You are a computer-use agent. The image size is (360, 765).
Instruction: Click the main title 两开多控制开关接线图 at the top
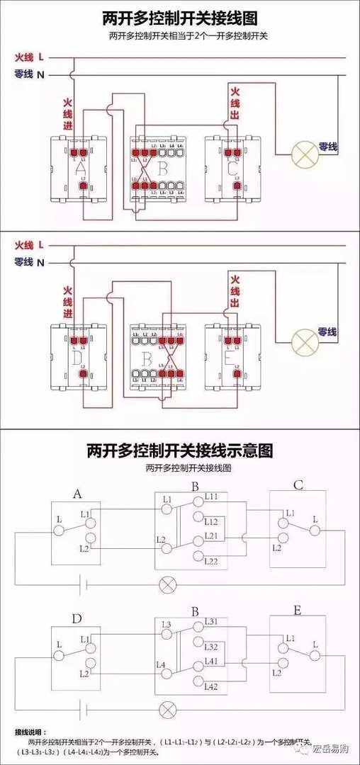[x=181, y=17]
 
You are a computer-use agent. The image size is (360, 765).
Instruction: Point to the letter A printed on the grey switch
[x=79, y=169]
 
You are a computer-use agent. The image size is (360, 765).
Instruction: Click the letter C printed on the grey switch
[x=233, y=169]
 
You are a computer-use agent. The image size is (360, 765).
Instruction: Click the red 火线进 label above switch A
[x=68, y=118]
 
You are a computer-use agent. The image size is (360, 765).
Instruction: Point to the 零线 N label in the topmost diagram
[x=29, y=74]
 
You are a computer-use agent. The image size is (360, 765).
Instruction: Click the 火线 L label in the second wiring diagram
[x=29, y=244]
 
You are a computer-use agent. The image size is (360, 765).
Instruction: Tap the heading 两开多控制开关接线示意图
[x=180, y=450]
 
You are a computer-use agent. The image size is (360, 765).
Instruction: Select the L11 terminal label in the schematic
[x=212, y=497]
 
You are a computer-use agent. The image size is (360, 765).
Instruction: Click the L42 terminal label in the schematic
[x=212, y=686]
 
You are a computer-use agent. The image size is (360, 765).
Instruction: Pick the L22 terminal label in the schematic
[x=212, y=561]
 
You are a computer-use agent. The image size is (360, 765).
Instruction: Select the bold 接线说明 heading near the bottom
[x=29, y=730]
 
